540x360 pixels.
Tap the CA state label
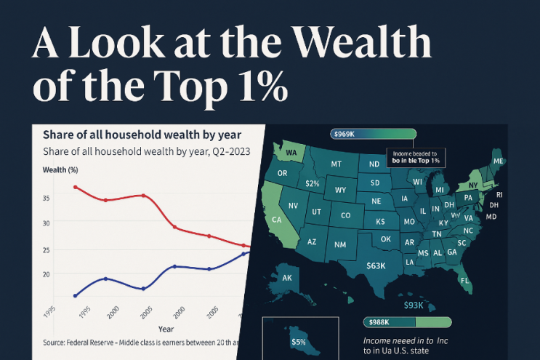277,220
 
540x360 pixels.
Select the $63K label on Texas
376,266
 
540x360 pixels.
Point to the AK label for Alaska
286,278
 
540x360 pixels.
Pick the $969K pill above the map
344,134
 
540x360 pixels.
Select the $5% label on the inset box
298,342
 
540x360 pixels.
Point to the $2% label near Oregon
313,184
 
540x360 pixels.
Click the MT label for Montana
337,164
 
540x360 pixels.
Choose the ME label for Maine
498,161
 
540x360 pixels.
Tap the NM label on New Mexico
340,244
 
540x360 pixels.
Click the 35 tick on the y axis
46,198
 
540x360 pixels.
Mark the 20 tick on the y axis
46,273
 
